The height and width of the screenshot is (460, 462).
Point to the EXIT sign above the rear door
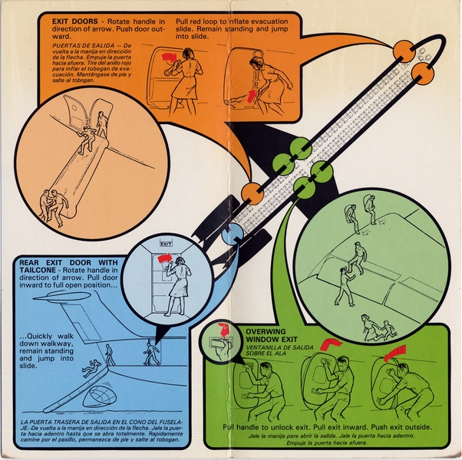point(166,243)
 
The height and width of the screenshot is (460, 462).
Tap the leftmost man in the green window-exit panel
point(262,387)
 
